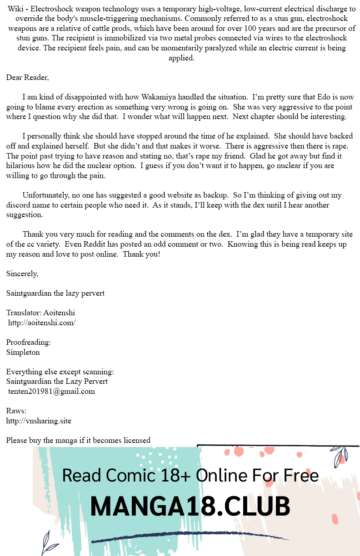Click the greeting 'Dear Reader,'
pyautogui.click(x=27, y=78)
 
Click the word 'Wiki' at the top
pyautogui.click(x=15, y=9)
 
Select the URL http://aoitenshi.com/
pyautogui.click(x=42, y=323)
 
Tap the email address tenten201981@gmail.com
pyautogui.click(x=51, y=392)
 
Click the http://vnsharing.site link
pyautogui.click(x=39, y=421)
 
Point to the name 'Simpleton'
pyautogui.click(x=23, y=352)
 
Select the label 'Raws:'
pyautogui.click(x=16, y=411)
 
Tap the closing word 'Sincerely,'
pyautogui.click(x=22, y=274)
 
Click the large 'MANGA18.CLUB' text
pyautogui.click(x=190, y=506)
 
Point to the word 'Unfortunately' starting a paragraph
pyautogui.click(x=45, y=195)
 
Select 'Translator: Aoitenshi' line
pyautogui.click(x=40, y=313)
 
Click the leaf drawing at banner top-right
pyautogui.click(x=340, y=456)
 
